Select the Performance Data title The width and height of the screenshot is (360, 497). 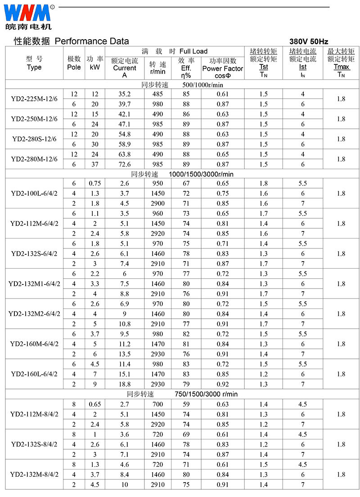[x=92, y=41]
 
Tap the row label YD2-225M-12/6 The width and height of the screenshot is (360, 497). [x=34, y=99]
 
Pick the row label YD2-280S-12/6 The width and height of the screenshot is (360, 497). [x=34, y=139]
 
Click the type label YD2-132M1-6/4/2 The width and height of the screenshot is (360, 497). [x=34, y=284]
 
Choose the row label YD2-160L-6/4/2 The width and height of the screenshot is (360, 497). [x=34, y=374]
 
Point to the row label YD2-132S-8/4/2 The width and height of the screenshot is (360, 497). [x=34, y=444]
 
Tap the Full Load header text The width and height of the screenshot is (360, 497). [x=193, y=51]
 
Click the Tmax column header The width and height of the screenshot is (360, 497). [x=341, y=67]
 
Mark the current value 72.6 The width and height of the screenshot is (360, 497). [x=125, y=164]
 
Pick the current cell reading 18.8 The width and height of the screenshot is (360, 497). [x=125, y=384]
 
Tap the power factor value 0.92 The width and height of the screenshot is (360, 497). [x=222, y=384]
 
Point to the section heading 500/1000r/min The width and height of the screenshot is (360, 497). [x=203, y=84]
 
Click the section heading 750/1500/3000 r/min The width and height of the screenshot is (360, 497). [x=206, y=394]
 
